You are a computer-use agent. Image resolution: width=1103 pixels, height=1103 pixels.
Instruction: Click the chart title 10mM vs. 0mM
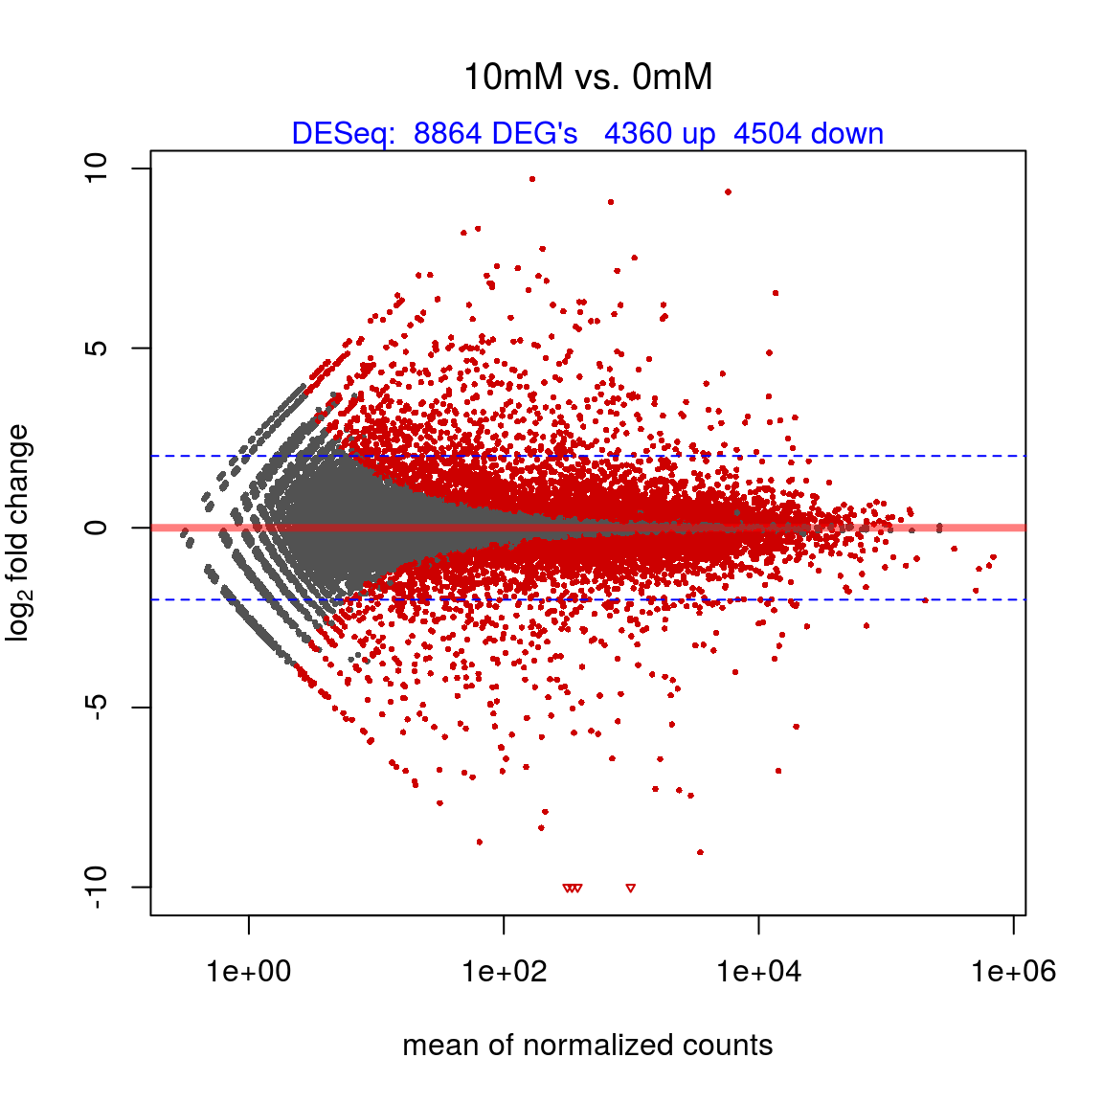[x=588, y=78]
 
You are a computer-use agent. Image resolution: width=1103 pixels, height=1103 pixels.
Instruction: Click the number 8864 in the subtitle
[x=447, y=134]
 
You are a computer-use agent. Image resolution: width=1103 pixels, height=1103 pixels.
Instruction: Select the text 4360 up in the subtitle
[x=660, y=134]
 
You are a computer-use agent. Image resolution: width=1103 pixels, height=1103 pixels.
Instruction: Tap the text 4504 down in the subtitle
[x=808, y=134]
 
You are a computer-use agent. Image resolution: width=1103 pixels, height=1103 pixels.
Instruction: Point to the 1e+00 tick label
[x=249, y=973]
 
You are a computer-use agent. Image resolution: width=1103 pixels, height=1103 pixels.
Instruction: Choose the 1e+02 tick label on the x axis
[x=504, y=973]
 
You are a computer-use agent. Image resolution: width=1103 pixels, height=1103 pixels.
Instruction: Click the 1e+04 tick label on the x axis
[x=759, y=973]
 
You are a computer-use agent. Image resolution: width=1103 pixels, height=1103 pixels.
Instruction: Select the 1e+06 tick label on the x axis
[x=1013, y=973]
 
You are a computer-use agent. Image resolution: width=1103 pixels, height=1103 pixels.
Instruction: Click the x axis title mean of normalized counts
[x=588, y=1045]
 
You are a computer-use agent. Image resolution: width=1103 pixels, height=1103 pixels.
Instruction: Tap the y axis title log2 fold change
[x=19, y=532]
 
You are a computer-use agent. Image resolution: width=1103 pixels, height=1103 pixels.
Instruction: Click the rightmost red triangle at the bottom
[x=630, y=889]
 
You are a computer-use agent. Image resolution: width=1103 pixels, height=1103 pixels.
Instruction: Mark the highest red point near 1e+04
[x=729, y=191]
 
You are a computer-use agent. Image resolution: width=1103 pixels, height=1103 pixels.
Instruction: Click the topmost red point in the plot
[x=532, y=179]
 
